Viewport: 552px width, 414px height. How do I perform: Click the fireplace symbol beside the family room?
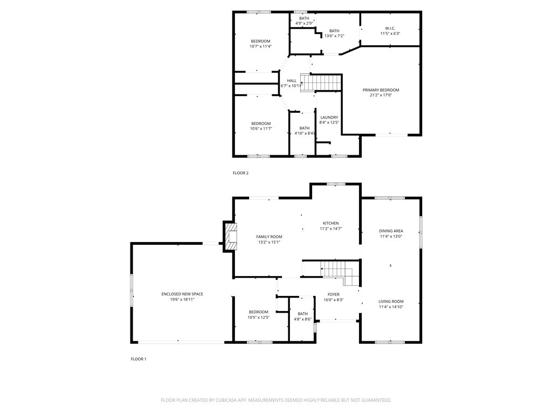click(230, 237)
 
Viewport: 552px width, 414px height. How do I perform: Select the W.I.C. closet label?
click(390, 28)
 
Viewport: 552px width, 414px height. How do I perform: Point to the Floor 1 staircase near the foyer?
click(335, 270)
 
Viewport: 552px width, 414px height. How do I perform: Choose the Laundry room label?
click(329, 118)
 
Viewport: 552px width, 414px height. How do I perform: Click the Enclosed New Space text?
click(182, 294)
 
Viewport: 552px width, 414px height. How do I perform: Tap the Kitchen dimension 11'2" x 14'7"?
click(330, 229)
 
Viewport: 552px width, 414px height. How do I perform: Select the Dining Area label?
click(391, 231)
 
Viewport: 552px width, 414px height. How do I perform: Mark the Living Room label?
click(391, 301)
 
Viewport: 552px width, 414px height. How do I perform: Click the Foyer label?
click(334, 294)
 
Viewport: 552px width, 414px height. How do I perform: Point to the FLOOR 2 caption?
click(240, 173)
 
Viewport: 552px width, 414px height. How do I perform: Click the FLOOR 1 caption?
click(139, 359)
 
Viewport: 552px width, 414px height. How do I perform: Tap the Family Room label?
click(269, 237)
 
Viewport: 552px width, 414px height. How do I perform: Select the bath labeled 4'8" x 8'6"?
click(302, 316)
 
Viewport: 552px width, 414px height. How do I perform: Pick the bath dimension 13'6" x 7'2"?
click(334, 36)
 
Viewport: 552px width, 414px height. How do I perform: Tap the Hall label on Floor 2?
click(292, 81)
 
